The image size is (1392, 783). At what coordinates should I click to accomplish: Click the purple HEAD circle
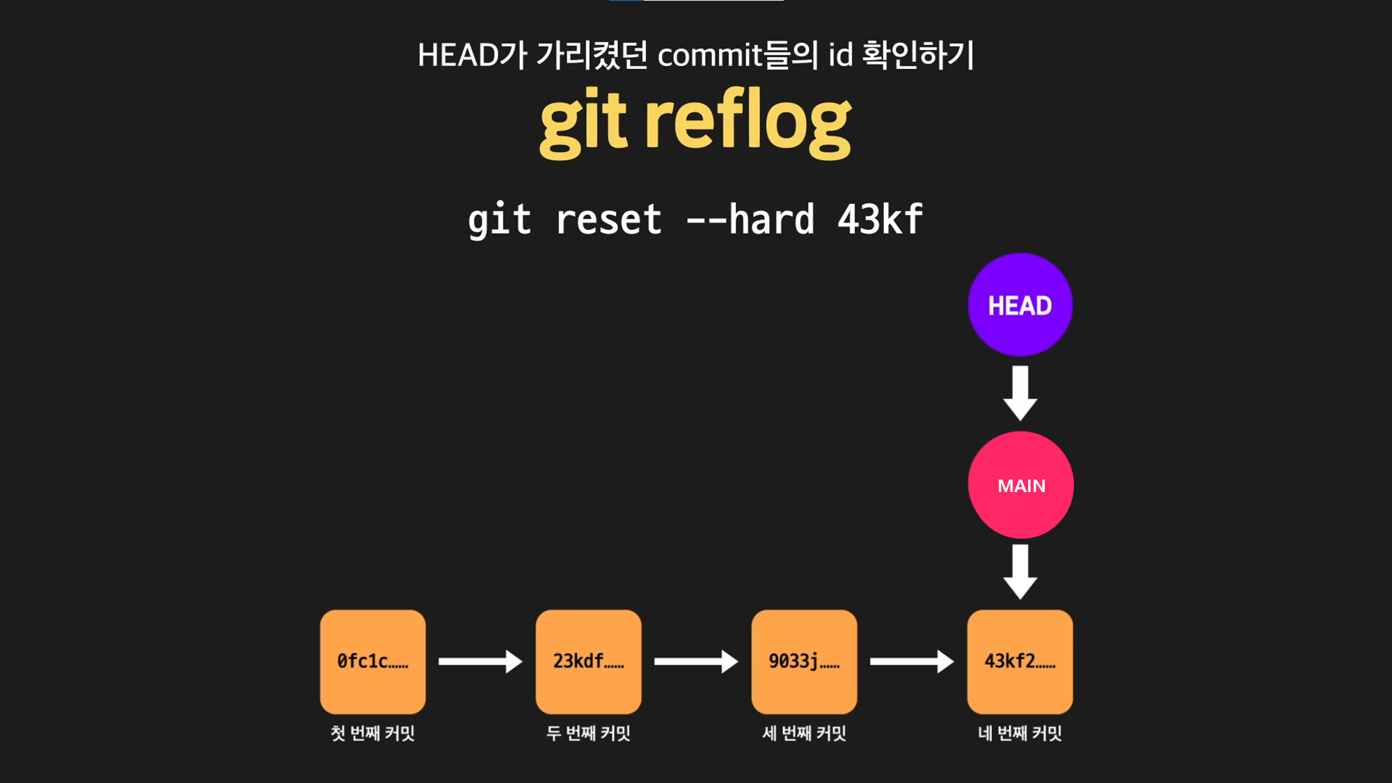tap(1020, 305)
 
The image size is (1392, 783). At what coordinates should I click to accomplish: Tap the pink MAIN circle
tap(1020, 485)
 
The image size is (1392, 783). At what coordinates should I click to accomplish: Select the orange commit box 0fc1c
tap(372, 661)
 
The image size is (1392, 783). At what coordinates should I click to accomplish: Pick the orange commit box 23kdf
tap(588, 661)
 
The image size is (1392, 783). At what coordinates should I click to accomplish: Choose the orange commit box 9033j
tap(804, 661)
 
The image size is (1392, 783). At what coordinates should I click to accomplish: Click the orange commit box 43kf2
tap(1020, 661)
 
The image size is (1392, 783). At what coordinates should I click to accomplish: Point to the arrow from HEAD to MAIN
tap(1020, 393)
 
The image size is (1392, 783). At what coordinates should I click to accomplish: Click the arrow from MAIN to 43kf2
tap(1020, 571)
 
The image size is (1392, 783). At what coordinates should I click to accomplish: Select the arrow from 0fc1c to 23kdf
tap(480, 661)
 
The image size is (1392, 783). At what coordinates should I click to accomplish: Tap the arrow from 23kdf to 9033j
tap(696, 661)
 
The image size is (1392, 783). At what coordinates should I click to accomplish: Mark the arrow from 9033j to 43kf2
tap(912, 661)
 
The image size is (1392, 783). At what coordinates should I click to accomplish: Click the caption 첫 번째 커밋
tap(372, 733)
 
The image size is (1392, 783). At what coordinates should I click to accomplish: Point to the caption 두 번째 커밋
tap(588, 733)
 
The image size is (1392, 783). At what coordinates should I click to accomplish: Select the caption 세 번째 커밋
tap(804, 733)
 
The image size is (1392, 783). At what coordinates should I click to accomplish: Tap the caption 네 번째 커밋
tap(1020, 733)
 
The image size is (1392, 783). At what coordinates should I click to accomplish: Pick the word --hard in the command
tap(750, 220)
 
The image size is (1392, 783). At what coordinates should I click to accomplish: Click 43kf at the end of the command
tap(880, 220)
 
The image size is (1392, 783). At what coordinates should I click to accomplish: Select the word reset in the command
tap(609, 220)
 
